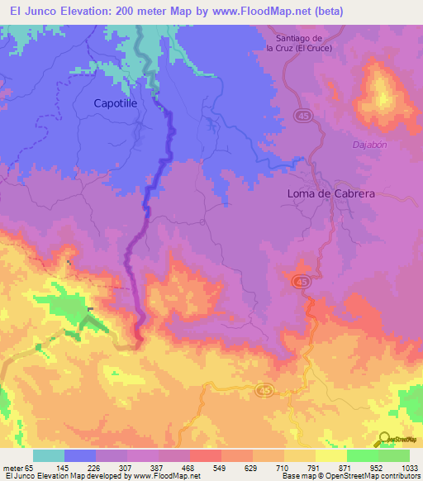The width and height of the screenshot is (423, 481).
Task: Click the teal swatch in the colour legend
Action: (49, 455)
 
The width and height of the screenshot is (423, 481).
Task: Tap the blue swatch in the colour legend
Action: (80, 455)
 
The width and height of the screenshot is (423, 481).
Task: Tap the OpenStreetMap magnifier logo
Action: (384, 438)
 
